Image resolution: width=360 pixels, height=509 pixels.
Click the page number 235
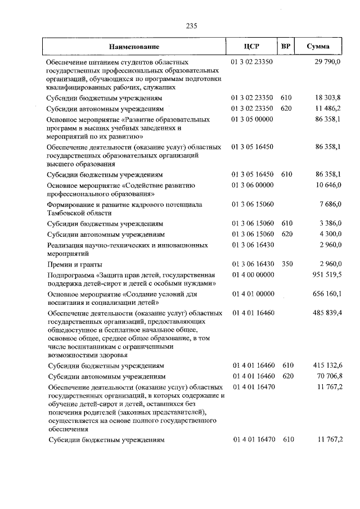(191, 25)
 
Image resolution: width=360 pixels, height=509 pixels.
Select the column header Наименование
(134, 47)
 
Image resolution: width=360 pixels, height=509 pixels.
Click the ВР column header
(285, 47)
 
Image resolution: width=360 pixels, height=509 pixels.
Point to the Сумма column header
(318, 47)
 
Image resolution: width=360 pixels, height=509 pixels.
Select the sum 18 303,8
(327, 97)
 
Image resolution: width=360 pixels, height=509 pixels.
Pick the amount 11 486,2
(327, 108)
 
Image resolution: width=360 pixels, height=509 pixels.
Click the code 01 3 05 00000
(252, 120)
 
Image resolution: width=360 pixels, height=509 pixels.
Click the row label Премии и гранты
(75, 264)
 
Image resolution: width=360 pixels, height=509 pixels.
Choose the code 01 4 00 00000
(252, 275)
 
